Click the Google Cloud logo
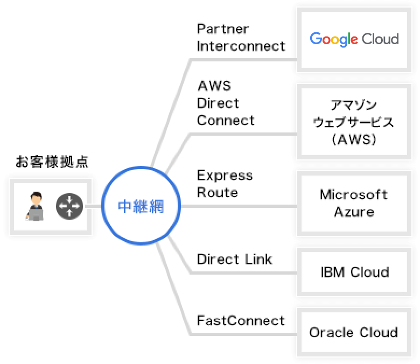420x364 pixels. (354, 39)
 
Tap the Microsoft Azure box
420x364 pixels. (354, 203)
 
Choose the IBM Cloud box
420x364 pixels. (354, 272)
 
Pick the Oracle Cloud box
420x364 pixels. (354, 332)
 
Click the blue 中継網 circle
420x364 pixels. (141, 206)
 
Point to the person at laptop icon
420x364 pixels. (35, 207)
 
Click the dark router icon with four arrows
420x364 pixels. (69, 207)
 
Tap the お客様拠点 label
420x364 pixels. (52, 162)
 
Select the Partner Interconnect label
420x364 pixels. (241, 37)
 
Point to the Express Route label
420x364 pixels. (225, 184)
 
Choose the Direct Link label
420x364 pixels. (234, 259)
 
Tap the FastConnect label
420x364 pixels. (241, 320)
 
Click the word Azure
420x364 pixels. (354, 212)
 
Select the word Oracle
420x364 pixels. (329, 332)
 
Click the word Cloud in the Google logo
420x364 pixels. (380, 39)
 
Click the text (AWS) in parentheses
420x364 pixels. (354, 140)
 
